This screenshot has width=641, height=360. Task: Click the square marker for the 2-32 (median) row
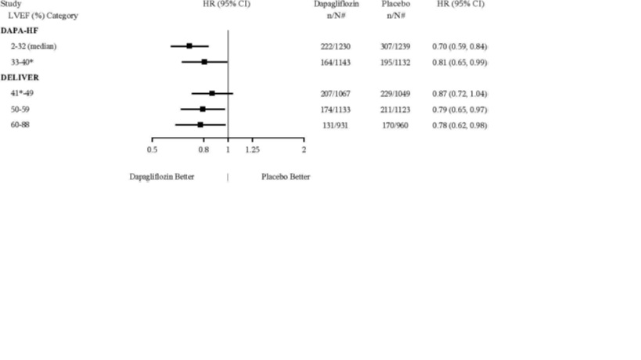[x=189, y=46]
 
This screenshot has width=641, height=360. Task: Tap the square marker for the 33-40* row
[x=204, y=62]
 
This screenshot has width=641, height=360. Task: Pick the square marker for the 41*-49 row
[x=212, y=93]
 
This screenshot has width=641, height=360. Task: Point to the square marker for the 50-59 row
[x=203, y=109]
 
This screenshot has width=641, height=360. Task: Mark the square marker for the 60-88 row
[x=200, y=124]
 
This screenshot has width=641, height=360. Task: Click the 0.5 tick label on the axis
[x=152, y=149]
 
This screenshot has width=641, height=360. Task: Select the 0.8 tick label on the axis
[x=203, y=149]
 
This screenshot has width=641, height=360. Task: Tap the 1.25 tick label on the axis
[x=252, y=149]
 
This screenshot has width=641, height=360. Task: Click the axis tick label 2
[x=304, y=149]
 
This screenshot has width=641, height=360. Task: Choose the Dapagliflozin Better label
[x=162, y=177]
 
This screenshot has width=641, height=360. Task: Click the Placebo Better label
[x=286, y=177]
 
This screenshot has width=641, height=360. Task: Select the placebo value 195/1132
[x=396, y=62]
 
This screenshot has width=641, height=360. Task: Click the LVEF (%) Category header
[x=43, y=16]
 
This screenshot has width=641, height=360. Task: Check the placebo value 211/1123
[x=396, y=109]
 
